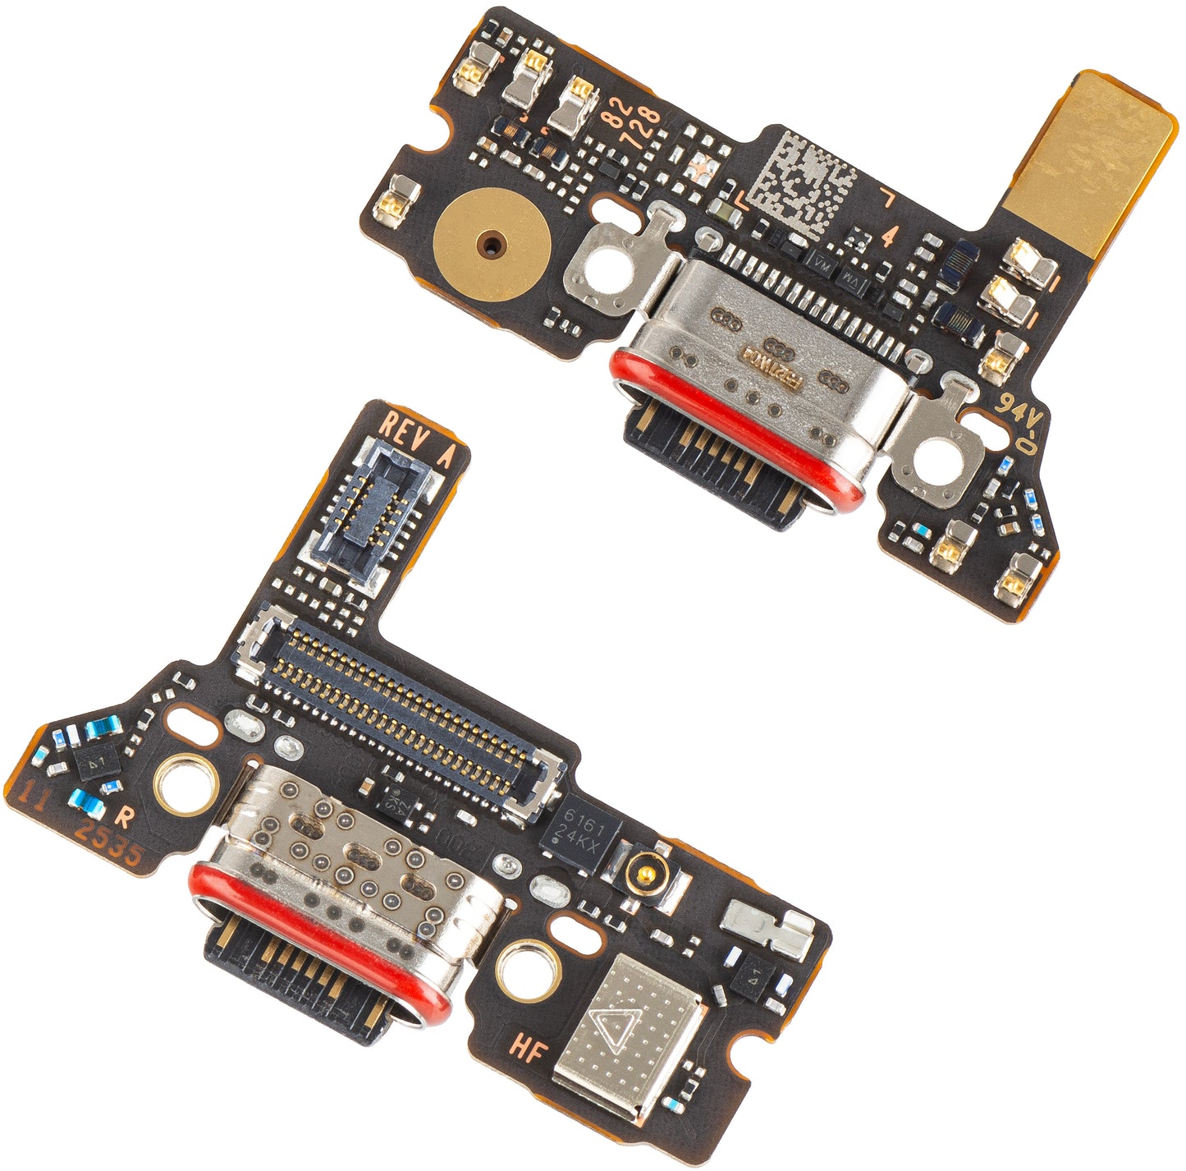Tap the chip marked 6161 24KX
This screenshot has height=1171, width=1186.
[x=582, y=832]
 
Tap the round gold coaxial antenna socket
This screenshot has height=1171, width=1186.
[x=643, y=866]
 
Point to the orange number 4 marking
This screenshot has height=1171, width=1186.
[x=888, y=236]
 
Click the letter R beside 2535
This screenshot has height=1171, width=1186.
[x=124, y=816]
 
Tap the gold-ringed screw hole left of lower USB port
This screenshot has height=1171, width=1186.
[x=181, y=785]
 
